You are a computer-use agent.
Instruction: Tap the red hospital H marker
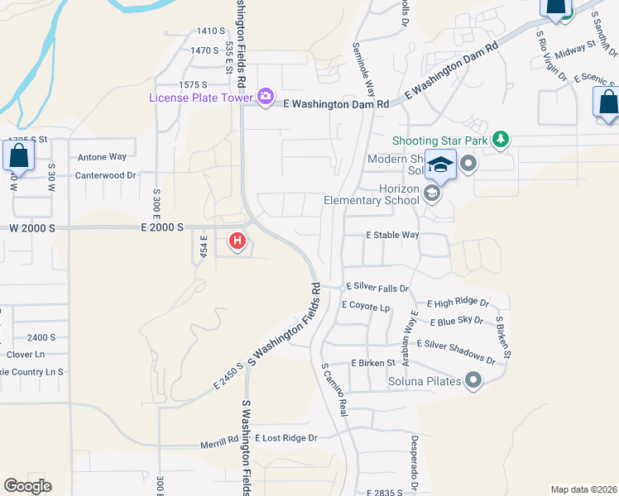[x=238, y=241]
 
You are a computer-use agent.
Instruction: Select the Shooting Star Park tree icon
[x=500, y=140]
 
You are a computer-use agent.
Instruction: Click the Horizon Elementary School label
[x=371, y=194]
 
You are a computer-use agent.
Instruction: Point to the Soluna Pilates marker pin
[x=473, y=380]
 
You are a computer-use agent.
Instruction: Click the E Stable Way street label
[x=393, y=235]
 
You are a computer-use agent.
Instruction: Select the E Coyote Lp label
[x=365, y=307]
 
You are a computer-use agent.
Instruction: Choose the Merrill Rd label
[x=219, y=444]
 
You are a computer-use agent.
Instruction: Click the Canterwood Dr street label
[x=105, y=175]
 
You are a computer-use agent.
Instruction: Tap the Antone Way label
[x=102, y=156]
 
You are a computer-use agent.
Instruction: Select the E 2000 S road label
[x=162, y=227]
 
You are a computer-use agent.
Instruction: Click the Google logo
[x=27, y=486]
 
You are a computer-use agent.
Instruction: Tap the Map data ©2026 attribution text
[x=583, y=489]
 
